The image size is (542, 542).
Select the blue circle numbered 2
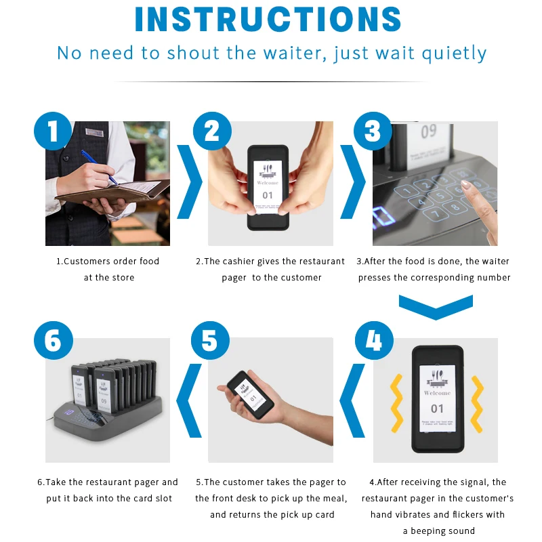pyautogui.click(x=213, y=130)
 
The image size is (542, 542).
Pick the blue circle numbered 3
pyautogui.click(x=372, y=130)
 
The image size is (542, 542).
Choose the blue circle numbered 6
pyautogui.click(x=53, y=340)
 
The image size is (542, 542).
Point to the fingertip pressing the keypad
pyautogui.click(x=465, y=184)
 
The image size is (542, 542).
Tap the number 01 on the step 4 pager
pyautogui.click(x=437, y=408)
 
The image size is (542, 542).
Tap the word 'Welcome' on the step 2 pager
pyautogui.click(x=268, y=182)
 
